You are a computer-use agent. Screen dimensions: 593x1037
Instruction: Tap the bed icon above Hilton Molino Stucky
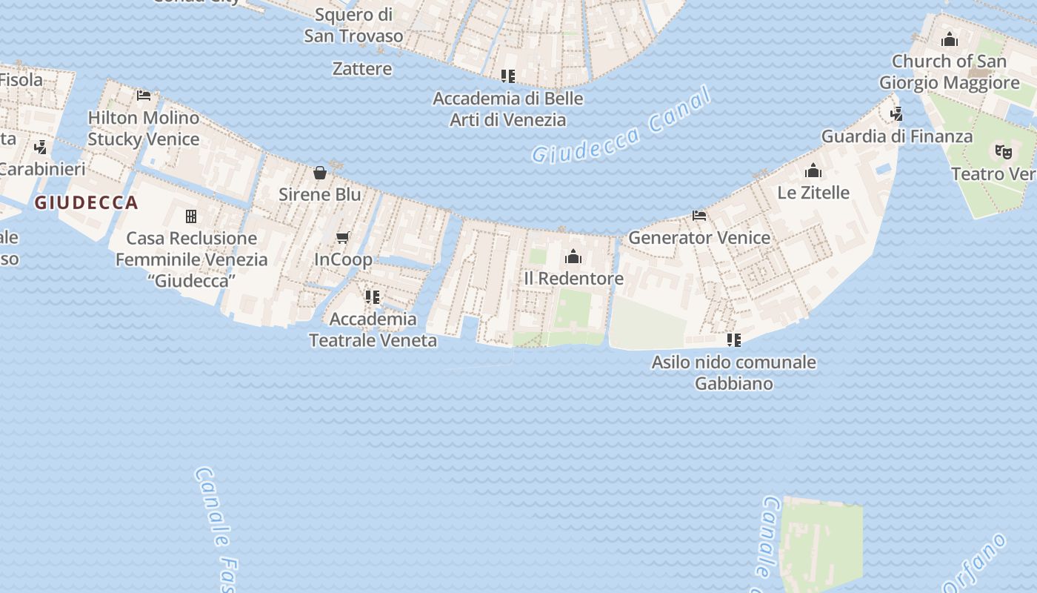[144, 96]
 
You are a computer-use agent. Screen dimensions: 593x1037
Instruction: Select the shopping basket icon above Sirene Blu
[320, 173]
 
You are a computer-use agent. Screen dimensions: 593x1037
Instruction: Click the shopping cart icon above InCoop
[342, 237]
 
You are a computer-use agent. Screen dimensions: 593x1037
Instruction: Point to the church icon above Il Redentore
[573, 257]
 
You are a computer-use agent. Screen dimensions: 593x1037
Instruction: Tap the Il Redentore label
[573, 279]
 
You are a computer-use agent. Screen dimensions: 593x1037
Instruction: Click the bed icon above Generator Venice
[699, 216]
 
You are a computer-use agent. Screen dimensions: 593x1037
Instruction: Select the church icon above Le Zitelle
[813, 171]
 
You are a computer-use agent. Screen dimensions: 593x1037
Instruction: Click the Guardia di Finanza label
[896, 136]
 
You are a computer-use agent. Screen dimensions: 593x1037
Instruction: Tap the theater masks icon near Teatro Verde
[1003, 152]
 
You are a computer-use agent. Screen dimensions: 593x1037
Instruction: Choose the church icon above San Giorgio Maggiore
[949, 39]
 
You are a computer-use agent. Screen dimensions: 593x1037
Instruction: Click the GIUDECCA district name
[87, 203]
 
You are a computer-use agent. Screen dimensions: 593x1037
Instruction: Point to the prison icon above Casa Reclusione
[191, 216]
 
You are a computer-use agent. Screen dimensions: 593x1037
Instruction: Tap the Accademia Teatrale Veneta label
[373, 330]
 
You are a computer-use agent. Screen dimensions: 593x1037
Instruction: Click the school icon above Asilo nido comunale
[733, 340]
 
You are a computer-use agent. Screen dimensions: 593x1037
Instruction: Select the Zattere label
[362, 69]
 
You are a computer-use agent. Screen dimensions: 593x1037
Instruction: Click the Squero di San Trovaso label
[354, 25]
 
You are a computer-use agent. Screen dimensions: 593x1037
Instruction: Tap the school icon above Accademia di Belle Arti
[507, 76]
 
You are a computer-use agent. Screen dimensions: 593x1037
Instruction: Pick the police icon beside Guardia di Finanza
[896, 114]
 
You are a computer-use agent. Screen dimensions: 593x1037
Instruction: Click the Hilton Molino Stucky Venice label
[144, 128]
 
